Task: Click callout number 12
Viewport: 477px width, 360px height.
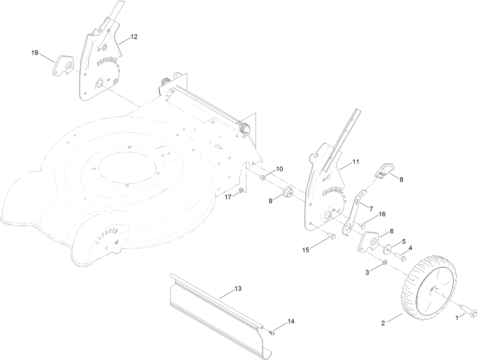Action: coord(134,37)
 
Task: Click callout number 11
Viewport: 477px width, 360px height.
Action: coord(356,162)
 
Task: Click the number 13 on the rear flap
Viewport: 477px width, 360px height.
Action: coord(238,289)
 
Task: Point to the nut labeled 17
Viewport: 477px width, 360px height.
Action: coord(241,190)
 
